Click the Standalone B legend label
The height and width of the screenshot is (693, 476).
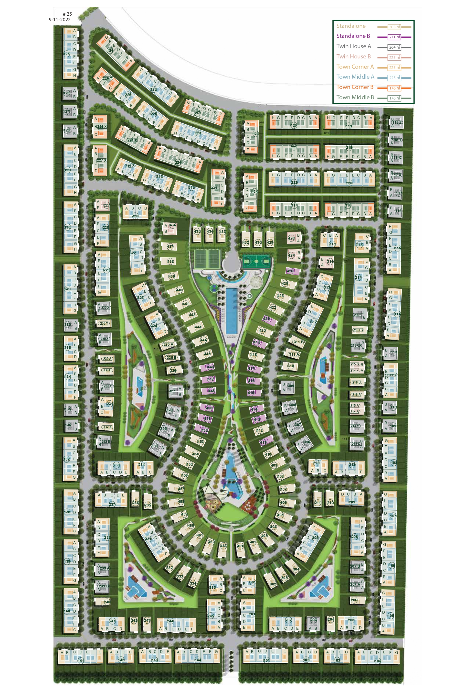pos(353,36)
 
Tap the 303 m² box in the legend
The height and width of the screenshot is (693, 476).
pos(394,27)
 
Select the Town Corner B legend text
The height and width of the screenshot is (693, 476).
pos(355,87)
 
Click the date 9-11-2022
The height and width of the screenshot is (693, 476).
pos(60,20)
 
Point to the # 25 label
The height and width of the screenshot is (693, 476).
pos(67,14)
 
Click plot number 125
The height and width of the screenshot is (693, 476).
pos(67,54)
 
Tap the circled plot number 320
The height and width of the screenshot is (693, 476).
pos(135,216)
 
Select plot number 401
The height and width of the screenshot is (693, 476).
pos(240,546)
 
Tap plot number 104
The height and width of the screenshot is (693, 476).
pos(378,661)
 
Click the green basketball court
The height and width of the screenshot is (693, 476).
pos(256,262)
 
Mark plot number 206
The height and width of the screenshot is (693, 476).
pos(354,600)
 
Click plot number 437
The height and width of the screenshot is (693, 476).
pos(170,246)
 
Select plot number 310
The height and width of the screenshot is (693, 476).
pos(290,366)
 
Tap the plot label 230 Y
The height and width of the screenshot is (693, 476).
pos(104,323)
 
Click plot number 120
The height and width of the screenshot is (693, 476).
pos(294,125)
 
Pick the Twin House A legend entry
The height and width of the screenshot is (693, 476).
pos(354,46)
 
